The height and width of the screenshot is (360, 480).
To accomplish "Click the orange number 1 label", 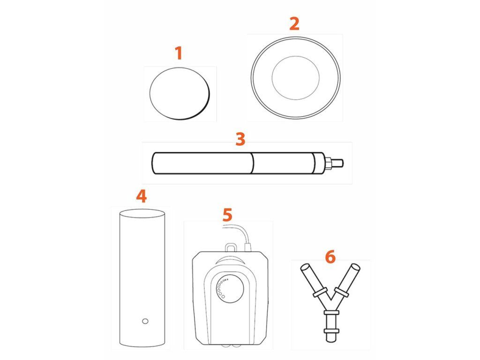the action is click(179, 53).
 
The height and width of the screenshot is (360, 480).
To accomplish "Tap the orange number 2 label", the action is click(294, 23).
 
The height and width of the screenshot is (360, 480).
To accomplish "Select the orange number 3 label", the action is click(240, 139).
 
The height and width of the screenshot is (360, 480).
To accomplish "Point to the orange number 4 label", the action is click(142, 196).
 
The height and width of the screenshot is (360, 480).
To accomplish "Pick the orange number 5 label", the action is click(227, 215).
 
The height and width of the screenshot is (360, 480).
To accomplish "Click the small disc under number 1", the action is click(180, 93).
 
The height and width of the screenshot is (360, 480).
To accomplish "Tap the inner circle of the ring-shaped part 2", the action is click(296, 78).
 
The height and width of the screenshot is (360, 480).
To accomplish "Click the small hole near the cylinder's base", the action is click(145, 321).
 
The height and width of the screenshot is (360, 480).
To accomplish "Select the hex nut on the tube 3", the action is click(328, 163).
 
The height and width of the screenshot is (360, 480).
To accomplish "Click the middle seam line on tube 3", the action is click(253, 163).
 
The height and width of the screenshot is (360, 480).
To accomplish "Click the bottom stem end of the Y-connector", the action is click(331, 339).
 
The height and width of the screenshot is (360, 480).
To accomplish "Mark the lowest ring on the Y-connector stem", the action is click(331, 331).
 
